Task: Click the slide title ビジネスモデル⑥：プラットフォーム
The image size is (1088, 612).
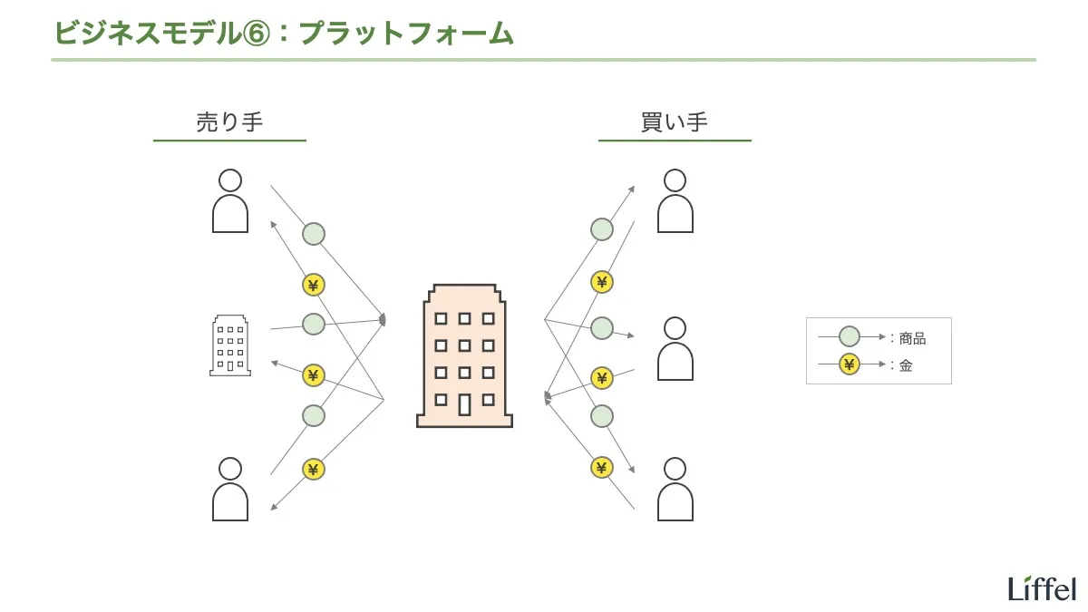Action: tap(284, 33)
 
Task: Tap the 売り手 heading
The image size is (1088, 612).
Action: tap(229, 122)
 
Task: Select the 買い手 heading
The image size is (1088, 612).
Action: tap(674, 122)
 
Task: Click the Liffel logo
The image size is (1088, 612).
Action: tap(1042, 588)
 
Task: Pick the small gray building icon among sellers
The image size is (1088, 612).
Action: tap(230, 345)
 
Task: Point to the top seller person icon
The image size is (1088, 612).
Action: tap(230, 201)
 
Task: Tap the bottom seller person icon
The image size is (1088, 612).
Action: tap(230, 490)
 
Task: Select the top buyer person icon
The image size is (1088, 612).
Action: tap(675, 201)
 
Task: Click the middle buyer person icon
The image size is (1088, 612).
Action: tap(675, 349)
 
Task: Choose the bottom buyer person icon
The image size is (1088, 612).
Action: tap(675, 490)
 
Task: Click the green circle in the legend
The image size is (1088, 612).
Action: tap(849, 337)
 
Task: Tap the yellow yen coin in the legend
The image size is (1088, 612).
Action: tap(849, 365)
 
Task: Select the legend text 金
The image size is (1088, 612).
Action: tap(906, 366)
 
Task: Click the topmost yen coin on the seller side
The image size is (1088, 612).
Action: tap(314, 285)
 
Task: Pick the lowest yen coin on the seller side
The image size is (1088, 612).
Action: tap(314, 469)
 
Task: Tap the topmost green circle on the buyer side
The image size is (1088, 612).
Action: tap(601, 229)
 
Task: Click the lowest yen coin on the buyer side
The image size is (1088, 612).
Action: tap(601, 468)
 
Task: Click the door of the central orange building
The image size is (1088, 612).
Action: tap(464, 403)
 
